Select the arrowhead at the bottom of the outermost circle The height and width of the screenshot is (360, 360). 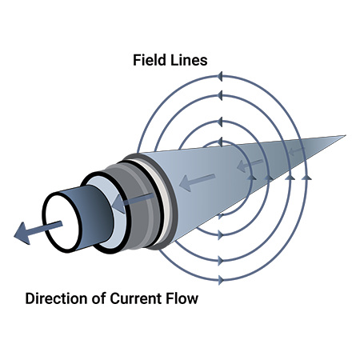click(219, 280)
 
